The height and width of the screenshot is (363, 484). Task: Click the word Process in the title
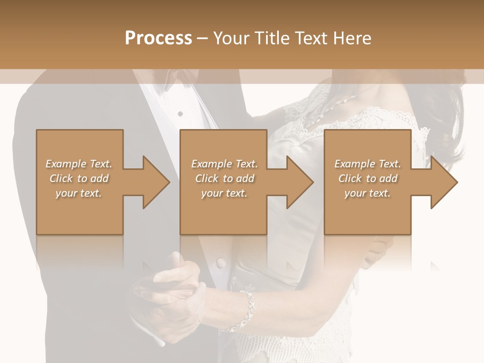pyautogui.click(x=158, y=38)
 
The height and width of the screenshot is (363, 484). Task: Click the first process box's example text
pyautogui.click(x=79, y=178)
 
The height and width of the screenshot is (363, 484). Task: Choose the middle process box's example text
pyautogui.click(x=224, y=178)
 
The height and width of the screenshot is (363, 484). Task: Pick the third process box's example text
pyautogui.click(x=368, y=178)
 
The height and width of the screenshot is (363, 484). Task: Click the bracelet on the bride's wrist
pyautogui.click(x=247, y=310)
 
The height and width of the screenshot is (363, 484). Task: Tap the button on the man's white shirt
pyautogui.click(x=180, y=114)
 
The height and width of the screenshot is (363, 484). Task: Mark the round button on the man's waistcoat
pyautogui.click(x=220, y=262)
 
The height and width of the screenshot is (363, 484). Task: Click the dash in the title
pyautogui.click(x=203, y=39)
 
